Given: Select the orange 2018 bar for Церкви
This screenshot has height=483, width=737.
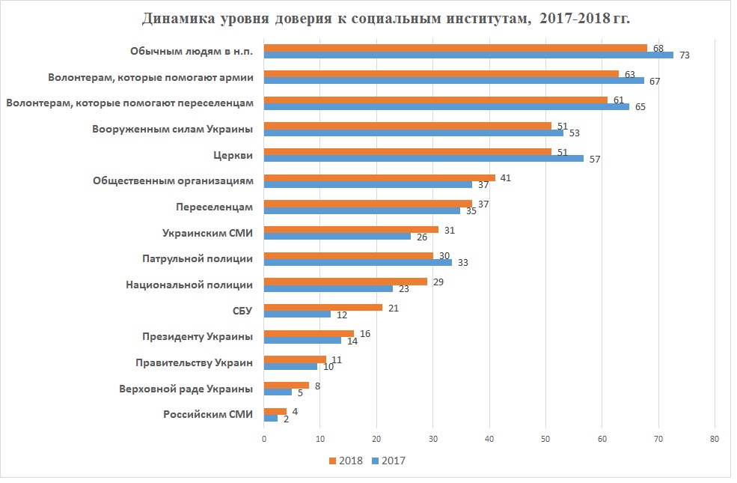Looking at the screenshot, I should tap(408, 151).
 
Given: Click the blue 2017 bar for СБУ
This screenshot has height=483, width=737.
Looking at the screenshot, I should tap(297, 314).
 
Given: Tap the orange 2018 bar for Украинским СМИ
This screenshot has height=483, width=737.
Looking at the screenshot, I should tap(351, 229).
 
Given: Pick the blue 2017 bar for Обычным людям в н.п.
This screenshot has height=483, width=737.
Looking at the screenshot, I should tap(468, 55).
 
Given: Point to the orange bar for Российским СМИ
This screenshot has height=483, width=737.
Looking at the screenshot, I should tap(275, 410).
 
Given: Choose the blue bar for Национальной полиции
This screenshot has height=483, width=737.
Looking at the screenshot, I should tap(328, 288).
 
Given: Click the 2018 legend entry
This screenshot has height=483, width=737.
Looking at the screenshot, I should tap(346, 461).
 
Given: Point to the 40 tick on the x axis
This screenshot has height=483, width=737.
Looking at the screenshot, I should tap(489, 439).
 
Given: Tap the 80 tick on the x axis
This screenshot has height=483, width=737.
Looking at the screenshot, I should tap(715, 439).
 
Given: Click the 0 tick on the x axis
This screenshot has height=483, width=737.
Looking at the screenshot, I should tap(264, 439).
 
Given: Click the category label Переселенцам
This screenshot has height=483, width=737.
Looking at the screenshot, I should tap(214, 207).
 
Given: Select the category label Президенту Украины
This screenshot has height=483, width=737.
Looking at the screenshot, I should tap(198, 336).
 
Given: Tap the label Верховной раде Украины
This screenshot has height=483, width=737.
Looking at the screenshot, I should tap(186, 389).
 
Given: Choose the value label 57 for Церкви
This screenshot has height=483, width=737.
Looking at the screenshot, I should tap(595, 159).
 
